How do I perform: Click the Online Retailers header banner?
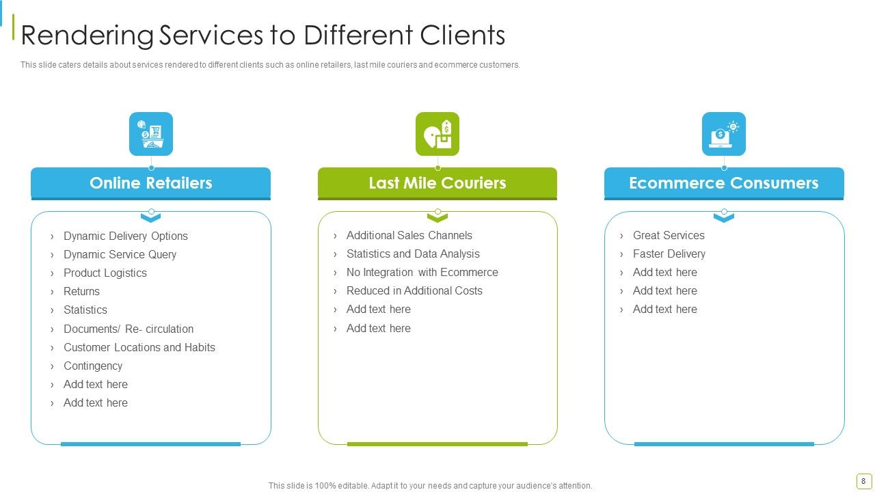(x=151, y=184)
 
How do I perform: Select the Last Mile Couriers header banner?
(x=437, y=184)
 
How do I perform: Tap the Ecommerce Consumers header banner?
(x=724, y=184)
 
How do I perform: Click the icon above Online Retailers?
(x=151, y=134)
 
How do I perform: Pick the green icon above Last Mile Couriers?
(x=437, y=134)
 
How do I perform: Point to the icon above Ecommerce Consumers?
(x=724, y=134)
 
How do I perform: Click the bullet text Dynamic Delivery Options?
(x=125, y=236)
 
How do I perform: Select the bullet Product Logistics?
(x=105, y=273)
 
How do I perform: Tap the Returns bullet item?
(x=81, y=291)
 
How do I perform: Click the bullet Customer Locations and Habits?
(x=139, y=347)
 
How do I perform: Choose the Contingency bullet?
(x=93, y=366)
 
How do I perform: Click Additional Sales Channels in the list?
(x=409, y=236)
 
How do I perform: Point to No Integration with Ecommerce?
(x=422, y=272)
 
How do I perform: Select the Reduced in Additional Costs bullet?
(x=414, y=290)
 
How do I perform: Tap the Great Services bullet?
(x=669, y=236)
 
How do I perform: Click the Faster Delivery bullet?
(x=669, y=254)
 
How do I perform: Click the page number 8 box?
(x=863, y=481)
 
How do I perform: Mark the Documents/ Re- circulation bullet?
(x=128, y=329)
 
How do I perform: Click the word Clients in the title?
(x=463, y=35)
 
